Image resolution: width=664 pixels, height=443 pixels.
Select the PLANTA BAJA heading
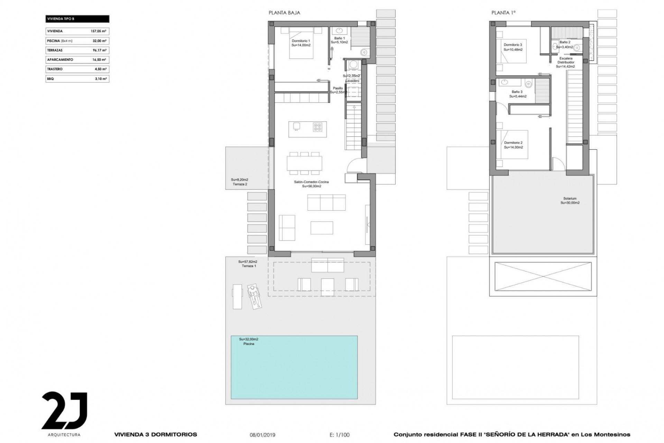tap(284, 13)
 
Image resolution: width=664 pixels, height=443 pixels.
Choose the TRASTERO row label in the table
tap(55, 69)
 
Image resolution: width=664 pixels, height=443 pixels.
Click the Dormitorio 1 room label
tap(301, 41)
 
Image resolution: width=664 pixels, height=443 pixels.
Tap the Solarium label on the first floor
tap(570, 199)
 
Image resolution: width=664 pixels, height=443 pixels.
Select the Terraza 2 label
tap(240, 184)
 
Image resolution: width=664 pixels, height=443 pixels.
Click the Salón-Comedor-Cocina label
tap(311, 182)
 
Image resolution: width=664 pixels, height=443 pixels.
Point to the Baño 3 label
tap(517, 92)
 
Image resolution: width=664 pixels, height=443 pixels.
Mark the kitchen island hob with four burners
tap(317, 127)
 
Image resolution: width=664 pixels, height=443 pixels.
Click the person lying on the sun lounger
tap(254, 296)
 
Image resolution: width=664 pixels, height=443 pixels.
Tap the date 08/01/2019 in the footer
tap(262, 435)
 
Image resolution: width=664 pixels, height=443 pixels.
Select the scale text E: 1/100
tap(340, 435)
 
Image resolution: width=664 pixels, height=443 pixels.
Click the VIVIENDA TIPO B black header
tap(77, 19)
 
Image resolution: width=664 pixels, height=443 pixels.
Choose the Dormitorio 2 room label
tap(513, 143)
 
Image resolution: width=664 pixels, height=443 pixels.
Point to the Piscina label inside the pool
tap(249, 344)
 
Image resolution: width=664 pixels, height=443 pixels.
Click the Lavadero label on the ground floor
tap(352, 81)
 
